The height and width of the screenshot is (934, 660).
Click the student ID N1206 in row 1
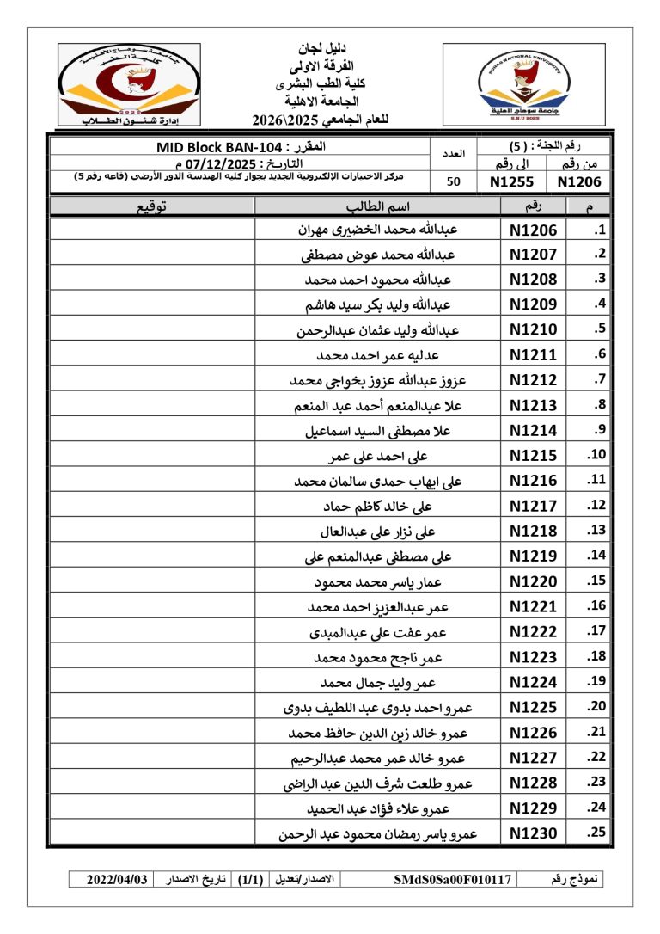pos(533,230)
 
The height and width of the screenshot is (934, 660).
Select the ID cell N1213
pos(533,405)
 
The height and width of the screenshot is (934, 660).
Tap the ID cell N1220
pos(533,581)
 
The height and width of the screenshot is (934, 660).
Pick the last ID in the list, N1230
pos(533,833)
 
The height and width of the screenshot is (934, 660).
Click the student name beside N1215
pos(379,456)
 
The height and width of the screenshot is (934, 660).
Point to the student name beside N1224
pos(379,683)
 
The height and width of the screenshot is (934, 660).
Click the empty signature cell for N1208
pos(152,280)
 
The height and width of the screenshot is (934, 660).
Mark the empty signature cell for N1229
pos(152,808)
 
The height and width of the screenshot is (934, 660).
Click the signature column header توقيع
pos(152,206)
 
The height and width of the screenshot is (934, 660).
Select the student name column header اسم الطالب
pos(377,206)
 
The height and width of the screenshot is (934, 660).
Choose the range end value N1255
pos(512,181)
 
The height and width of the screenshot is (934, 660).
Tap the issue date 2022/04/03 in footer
pos(118,879)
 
